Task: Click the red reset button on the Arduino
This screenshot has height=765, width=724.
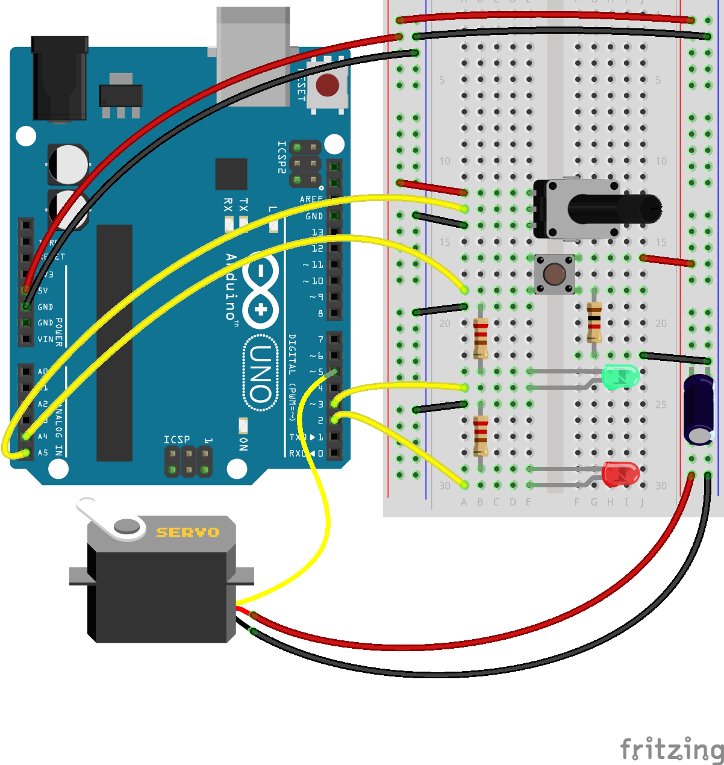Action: (327, 85)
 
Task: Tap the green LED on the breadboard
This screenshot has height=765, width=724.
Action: (620, 376)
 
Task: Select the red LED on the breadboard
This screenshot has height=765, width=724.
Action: (620, 474)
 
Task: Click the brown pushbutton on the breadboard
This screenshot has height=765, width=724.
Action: (554, 274)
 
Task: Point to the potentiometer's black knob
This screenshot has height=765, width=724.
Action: (614, 209)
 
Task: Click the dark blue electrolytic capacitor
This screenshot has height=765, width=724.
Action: (699, 410)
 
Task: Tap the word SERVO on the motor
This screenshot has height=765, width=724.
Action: (187, 532)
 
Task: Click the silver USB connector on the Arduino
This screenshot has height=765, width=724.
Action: (253, 54)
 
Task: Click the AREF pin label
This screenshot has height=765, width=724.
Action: (311, 199)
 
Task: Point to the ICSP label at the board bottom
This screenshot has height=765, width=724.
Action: (176, 439)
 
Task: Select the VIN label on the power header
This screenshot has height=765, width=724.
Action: (45, 339)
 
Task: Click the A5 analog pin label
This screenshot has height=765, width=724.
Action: (43, 452)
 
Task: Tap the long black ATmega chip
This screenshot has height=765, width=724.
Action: (114, 343)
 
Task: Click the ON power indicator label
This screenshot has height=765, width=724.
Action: (243, 444)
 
